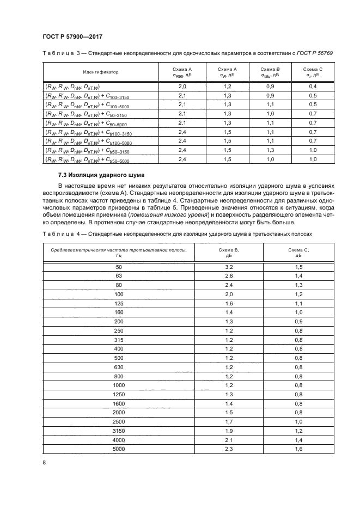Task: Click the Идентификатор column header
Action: point(101,72)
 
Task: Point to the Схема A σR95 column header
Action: point(182,72)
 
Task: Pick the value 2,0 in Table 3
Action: point(182,87)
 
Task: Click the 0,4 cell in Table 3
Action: point(313,87)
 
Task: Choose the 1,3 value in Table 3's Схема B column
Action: point(270,150)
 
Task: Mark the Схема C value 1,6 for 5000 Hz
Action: point(298,449)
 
